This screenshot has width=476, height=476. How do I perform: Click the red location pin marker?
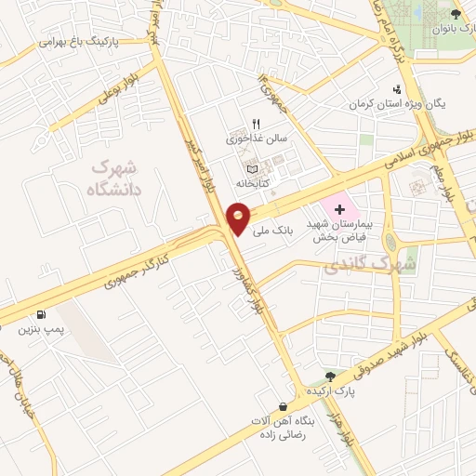tap(238, 218)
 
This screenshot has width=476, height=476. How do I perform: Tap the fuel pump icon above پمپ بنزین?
tap(41, 314)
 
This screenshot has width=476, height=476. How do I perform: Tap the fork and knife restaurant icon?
tap(257, 123)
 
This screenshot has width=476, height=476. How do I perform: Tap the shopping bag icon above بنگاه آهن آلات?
tap(283, 406)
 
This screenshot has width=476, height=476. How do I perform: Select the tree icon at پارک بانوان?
tap(456, 14)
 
